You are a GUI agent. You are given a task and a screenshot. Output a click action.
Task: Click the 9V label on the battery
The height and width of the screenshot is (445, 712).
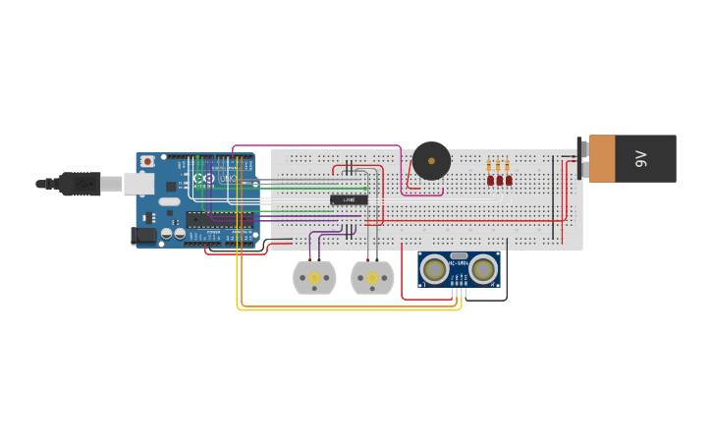(x=641, y=158)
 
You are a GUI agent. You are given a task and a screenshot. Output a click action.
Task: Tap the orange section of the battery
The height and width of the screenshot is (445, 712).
(x=602, y=158)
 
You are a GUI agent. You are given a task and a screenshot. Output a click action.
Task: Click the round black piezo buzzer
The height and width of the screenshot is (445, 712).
(x=431, y=161)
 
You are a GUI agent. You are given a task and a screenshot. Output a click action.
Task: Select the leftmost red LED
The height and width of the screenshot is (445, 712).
(x=490, y=180)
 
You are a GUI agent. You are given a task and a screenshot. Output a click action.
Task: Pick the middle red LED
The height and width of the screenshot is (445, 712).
(x=499, y=180)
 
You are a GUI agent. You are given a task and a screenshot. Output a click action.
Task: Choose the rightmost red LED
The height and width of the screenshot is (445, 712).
(x=509, y=180)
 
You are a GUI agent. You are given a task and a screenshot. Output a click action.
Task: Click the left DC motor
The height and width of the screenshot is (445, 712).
(x=314, y=278)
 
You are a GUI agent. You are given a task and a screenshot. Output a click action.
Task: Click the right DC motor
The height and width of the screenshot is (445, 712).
(x=372, y=278)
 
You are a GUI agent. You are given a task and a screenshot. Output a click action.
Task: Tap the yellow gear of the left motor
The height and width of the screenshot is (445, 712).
(x=314, y=278)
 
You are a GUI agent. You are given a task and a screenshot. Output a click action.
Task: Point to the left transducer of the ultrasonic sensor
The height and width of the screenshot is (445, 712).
(x=434, y=269)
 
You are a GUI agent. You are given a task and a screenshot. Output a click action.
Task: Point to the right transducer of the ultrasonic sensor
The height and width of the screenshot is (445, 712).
(x=483, y=269)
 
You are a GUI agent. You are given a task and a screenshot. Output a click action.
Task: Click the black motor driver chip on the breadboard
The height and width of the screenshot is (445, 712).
(x=349, y=199)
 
